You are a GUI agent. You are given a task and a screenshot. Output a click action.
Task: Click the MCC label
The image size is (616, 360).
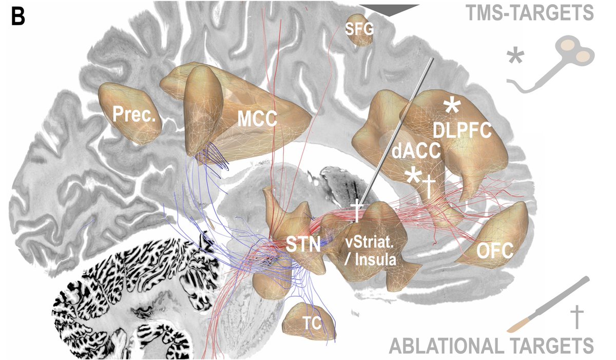click(x=257, y=120)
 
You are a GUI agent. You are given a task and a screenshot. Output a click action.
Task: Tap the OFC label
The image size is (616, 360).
click(x=495, y=251)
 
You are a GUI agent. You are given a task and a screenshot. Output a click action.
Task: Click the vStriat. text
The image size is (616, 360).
click(x=365, y=240)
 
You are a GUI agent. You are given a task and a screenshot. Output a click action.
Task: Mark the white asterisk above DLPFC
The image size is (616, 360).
click(x=452, y=107)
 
